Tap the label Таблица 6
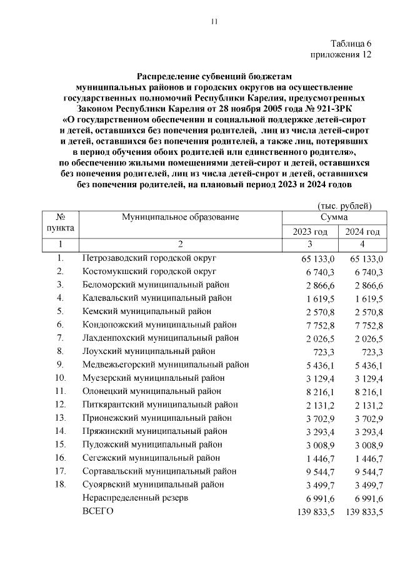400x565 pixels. [351, 43]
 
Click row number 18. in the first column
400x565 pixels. [61, 484]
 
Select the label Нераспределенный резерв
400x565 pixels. [135, 498]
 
